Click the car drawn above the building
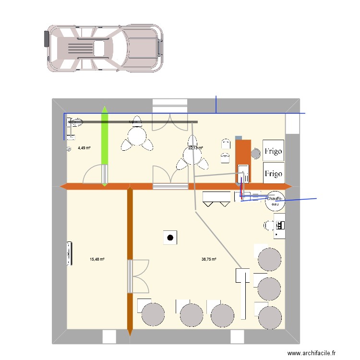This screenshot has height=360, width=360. click(x=104, y=48)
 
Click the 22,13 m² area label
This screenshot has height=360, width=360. click(x=195, y=148)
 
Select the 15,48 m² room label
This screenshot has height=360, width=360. click(x=97, y=259)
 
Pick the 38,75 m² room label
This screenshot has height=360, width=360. click(x=209, y=259)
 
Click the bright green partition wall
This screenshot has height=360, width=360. click(x=105, y=144)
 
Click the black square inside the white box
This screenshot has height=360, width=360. click(x=170, y=237)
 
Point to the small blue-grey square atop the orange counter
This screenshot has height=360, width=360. click(x=239, y=138)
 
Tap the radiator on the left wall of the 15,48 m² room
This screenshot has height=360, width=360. click(x=71, y=253)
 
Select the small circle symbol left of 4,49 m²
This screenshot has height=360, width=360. click(x=69, y=149)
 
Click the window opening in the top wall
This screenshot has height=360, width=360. click(x=169, y=104)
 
